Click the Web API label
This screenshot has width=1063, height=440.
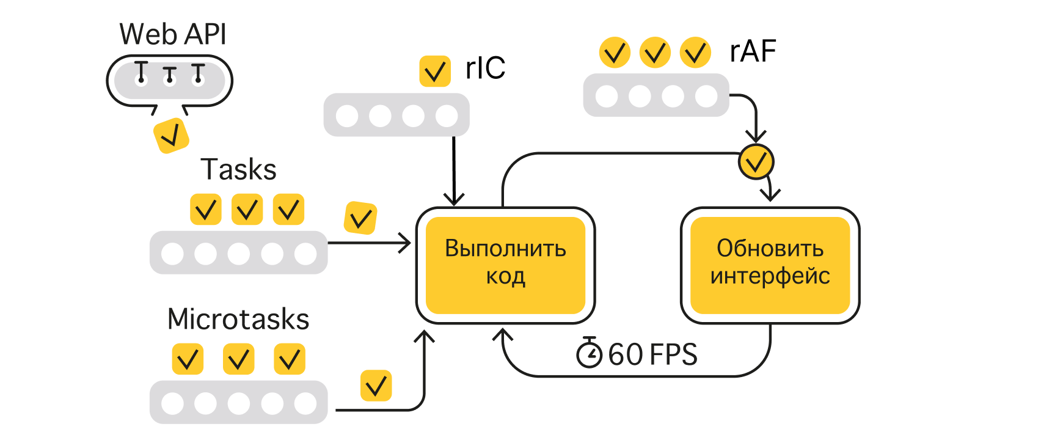(173, 34)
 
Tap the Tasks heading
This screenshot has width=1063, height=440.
(238, 169)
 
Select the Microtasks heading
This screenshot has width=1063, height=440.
(238, 319)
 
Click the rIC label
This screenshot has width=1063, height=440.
(485, 68)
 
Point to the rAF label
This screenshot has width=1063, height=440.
(753, 51)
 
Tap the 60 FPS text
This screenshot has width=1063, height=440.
(652, 354)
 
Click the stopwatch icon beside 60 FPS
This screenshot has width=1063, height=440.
(589, 353)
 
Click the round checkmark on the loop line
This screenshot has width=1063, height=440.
(756, 162)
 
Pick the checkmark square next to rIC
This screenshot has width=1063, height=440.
(435, 71)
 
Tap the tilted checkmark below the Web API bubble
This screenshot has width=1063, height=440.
(171, 135)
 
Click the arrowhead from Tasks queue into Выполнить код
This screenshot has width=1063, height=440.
(406, 243)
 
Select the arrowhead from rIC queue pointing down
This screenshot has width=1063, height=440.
(454, 199)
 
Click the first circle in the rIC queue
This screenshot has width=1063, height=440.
(347, 116)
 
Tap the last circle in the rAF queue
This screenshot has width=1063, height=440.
(706, 96)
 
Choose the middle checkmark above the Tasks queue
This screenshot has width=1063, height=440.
(247, 210)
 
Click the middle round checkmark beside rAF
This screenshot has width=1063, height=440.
(655, 53)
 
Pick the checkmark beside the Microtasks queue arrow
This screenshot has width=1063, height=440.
(376, 386)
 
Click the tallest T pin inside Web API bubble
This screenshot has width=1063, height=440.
(141, 71)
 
